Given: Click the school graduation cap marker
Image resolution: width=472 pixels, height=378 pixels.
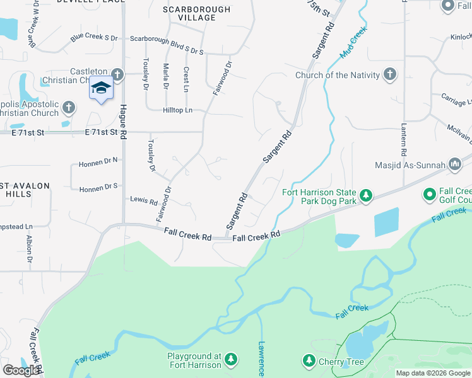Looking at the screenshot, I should coord(101,88).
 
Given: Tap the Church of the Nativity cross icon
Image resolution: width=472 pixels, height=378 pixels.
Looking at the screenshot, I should coord(390,75).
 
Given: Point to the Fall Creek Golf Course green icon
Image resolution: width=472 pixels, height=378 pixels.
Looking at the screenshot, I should coord(430,195).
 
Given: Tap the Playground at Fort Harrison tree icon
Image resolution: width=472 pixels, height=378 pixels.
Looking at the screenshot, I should coord(231,360).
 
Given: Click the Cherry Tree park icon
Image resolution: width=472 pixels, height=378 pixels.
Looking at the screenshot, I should coord(309,361).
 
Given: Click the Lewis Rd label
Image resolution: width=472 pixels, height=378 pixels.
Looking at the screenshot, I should coord(143,201).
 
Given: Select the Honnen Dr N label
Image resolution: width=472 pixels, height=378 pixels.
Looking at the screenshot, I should coord(98,164).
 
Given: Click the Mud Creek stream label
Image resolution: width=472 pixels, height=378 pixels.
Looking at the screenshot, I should coord(353,43).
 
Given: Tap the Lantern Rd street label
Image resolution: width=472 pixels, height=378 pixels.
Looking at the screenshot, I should coord(403,139).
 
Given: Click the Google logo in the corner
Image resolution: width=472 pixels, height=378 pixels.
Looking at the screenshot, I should coord(21,370).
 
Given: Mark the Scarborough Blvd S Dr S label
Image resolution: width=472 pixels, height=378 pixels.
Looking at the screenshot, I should coord(167,39).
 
